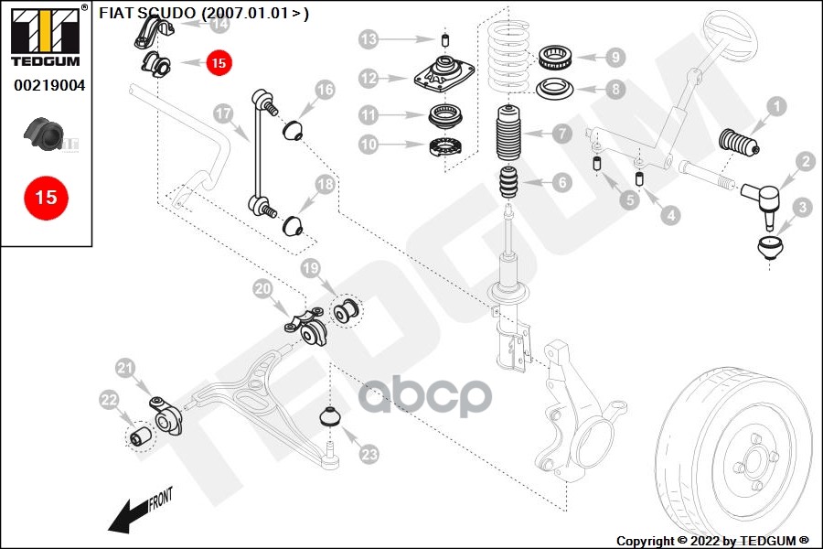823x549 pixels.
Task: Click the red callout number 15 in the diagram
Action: (x=219, y=63)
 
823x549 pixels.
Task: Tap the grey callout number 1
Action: (x=775, y=107)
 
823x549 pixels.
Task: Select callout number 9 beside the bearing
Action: (x=615, y=57)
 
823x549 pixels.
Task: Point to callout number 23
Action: (x=369, y=453)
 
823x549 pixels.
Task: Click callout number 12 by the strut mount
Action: (x=369, y=79)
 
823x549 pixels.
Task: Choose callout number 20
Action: (x=263, y=289)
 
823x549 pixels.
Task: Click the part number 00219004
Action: (x=49, y=86)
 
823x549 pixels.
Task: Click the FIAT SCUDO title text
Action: (x=203, y=13)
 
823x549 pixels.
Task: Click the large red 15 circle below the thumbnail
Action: (x=46, y=197)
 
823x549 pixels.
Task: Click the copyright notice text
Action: (x=712, y=541)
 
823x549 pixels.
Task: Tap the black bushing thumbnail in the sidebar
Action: (x=44, y=134)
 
